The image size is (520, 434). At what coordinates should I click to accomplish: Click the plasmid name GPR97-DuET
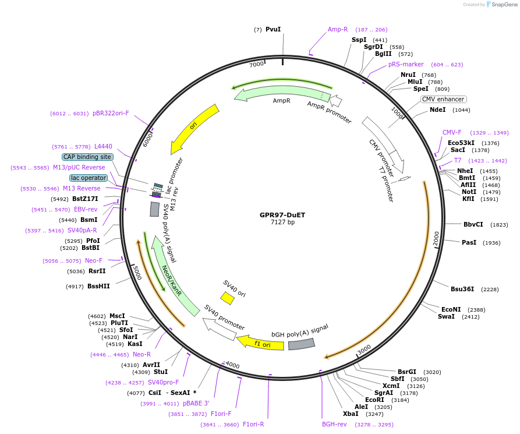pos(282,215)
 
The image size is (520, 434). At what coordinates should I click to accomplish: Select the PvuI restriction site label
pos(273,29)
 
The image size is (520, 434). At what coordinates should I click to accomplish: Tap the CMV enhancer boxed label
pos(443,99)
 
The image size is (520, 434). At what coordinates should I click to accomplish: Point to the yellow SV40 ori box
pos(228,298)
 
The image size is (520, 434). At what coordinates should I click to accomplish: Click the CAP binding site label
pos(87,157)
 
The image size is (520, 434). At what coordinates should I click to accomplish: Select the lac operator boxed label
pos(89,178)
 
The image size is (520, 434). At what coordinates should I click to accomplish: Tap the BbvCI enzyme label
pos(473,224)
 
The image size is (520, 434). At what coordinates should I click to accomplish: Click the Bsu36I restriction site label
pos(462,289)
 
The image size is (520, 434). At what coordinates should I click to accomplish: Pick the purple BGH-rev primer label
pos(334,424)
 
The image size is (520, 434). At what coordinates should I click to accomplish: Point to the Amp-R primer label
pos(338,29)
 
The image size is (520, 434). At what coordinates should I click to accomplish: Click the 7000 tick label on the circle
pos(256,65)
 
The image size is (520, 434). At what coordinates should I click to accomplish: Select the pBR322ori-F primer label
pos(111,114)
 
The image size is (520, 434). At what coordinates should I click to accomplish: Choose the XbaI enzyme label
pos(351,414)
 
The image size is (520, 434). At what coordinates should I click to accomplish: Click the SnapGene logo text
pos(504,4)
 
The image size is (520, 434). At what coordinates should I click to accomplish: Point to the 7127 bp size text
pos(282,223)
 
